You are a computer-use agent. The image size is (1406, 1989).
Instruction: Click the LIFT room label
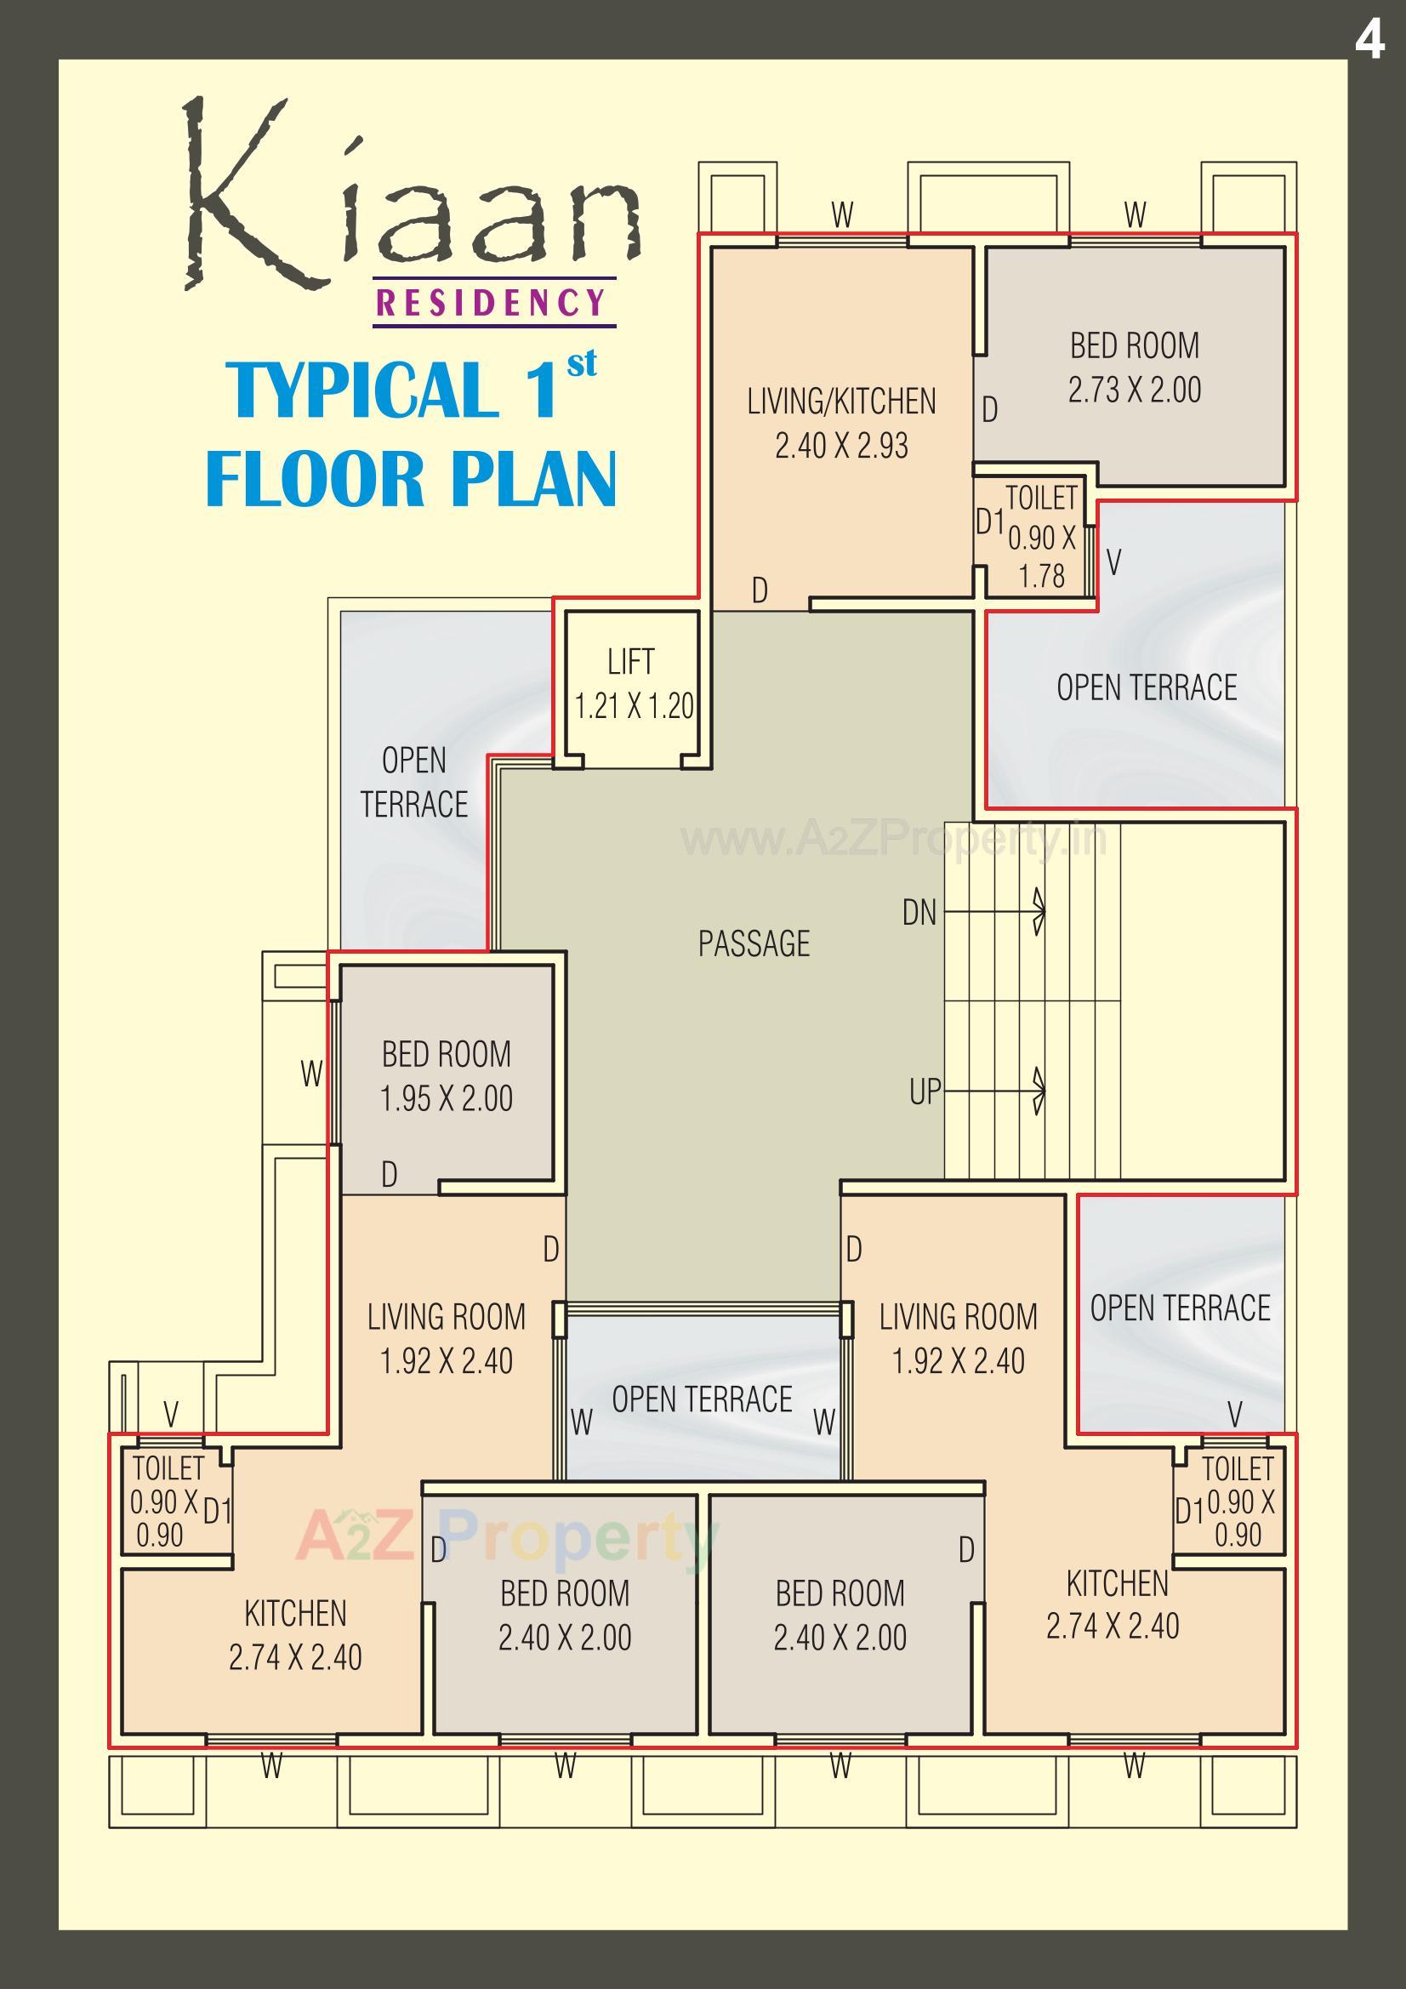(x=630, y=662)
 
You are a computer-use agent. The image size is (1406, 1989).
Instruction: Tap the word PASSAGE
(x=754, y=943)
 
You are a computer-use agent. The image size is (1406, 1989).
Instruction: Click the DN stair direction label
(x=919, y=912)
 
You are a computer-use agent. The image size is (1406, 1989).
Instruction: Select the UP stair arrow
(x=996, y=1091)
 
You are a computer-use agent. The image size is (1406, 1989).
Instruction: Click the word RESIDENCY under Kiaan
(x=493, y=303)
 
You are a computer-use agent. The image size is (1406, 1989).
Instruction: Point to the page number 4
(x=1369, y=40)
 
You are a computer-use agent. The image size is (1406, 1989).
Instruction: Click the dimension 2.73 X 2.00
(x=1134, y=390)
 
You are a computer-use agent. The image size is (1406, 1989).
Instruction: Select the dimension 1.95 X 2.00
(x=447, y=1098)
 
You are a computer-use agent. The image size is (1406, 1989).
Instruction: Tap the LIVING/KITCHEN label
(x=841, y=402)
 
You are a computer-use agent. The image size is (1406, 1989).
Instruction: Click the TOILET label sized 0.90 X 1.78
(x=1040, y=499)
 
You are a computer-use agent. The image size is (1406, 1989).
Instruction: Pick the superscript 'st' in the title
(x=581, y=364)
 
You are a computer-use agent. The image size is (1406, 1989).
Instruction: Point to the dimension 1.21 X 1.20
(x=635, y=706)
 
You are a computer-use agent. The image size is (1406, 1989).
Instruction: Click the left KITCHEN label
(x=294, y=1613)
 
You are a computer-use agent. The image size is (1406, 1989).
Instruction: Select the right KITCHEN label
(x=1117, y=1583)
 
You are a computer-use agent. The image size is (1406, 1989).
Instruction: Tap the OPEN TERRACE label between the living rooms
(x=702, y=1399)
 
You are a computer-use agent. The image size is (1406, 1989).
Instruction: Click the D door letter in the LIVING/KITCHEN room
(x=760, y=590)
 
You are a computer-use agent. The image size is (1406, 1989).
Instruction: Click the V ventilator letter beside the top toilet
(x=1114, y=562)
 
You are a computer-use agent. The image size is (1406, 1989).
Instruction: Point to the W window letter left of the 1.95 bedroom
(x=311, y=1074)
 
